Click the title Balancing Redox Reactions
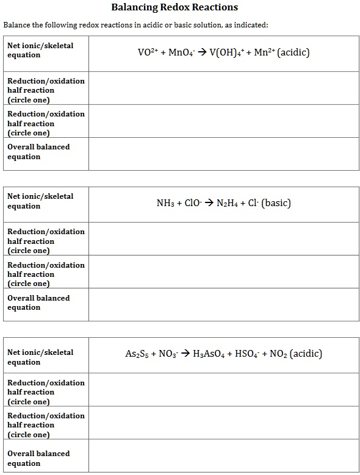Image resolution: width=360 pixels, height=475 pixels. (x=175, y=8)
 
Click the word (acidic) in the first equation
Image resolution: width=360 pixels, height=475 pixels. (x=293, y=52)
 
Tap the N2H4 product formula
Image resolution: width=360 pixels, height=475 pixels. (x=228, y=203)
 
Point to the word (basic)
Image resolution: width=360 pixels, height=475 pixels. (x=276, y=203)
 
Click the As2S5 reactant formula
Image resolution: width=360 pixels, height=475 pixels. (x=136, y=354)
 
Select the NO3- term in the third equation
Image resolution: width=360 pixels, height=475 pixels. (x=167, y=354)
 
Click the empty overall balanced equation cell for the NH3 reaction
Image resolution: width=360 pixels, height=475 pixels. (x=223, y=304)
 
